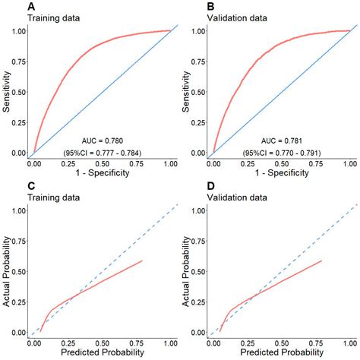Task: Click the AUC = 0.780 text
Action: [105, 141]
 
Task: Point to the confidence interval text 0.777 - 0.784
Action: [105, 153]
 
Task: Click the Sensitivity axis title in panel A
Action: [6, 91]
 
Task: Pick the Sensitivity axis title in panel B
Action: [186, 91]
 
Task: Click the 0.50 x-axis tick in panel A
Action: [102, 163]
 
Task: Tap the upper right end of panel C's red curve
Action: [142, 261]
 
